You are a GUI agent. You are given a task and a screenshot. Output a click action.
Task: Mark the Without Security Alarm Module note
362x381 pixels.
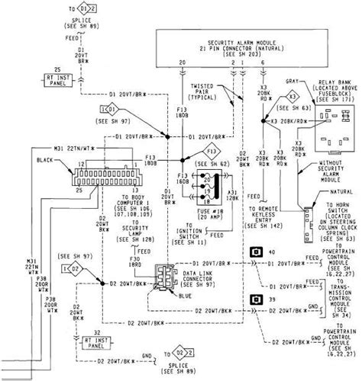(x=335, y=172)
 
